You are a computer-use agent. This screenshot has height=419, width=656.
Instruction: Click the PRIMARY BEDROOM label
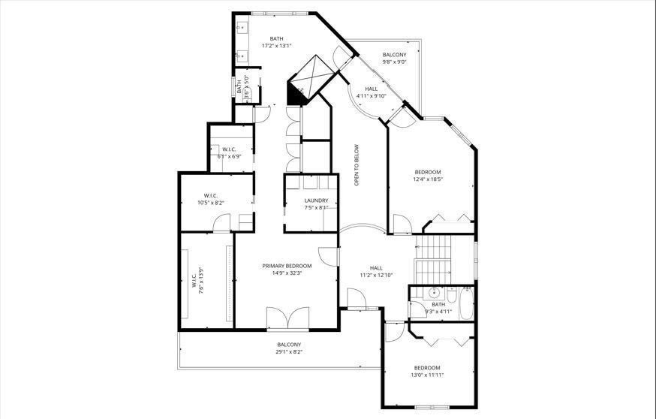(287, 266)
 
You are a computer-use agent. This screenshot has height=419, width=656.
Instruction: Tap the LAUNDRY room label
(316, 200)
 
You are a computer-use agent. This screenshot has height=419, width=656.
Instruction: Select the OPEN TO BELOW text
(357, 165)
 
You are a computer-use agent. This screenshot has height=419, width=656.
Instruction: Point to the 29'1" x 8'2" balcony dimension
(289, 352)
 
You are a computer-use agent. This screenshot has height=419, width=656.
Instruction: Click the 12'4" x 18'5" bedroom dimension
(428, 179)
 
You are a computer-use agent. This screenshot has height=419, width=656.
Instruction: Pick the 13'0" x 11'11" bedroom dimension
(427, 375)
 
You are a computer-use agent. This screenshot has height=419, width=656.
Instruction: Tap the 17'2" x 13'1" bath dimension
(276, 46)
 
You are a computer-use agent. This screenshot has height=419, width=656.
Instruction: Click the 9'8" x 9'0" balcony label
(395, 62)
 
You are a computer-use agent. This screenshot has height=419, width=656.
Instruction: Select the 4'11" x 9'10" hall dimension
(371, 96)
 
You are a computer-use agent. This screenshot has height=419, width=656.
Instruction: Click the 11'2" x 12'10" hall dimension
(376, 275)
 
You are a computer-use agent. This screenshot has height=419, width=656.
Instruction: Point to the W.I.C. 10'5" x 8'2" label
(211, 199)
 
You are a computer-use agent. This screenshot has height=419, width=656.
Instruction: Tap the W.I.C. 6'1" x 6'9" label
(229, 152)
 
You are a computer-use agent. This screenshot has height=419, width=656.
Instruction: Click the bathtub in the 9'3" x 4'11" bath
(466, 304)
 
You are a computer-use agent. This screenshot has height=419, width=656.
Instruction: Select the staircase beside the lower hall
(433, 260)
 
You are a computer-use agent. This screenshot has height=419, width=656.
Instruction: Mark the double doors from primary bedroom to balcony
(287, 318)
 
